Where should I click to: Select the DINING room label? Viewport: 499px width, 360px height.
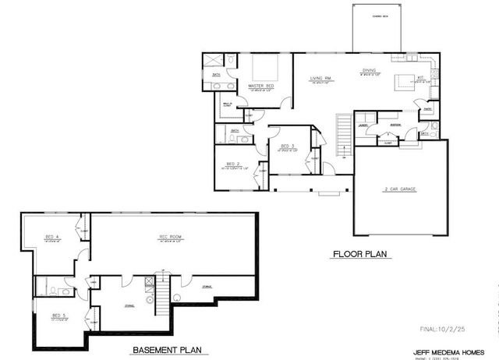tap(368, 71)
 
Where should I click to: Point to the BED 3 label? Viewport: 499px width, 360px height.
tap(286, 146)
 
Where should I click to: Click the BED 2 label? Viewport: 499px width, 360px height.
tap(233, 163)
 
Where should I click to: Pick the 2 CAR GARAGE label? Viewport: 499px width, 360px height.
tap(398, 189)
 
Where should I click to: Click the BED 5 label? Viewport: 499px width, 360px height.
tap(58, 316)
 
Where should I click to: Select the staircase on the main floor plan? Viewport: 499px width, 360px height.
tap(340, 133)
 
